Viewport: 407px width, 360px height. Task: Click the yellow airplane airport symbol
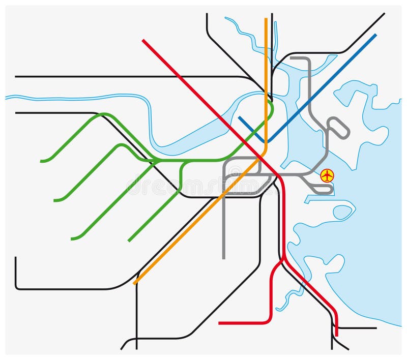pyautogui.click(x=327, y=176)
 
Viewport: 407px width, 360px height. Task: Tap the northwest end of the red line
pyautogui.click(x=143, y=40)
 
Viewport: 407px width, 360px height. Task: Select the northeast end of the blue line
pyautogui.click(x=375, y=35)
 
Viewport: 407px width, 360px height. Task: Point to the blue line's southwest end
pyautogui.click(x=239, y=117)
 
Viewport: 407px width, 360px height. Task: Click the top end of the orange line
pyautogui.click(x=266, y=19)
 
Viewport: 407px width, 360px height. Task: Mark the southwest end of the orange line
pyautogui.click(x=134, y=283)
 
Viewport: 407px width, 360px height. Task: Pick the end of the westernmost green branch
pyautogui.click(x=41, y=161)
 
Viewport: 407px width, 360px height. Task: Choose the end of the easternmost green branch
pyautogui.click(x=129, y=241)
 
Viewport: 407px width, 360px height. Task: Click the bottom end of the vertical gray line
pyautogui.click(x=223, y=258)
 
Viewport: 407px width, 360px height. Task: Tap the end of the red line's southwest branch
pyautogui.click(x=219, y=323)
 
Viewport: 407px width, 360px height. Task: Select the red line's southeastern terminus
pyautogui.click(x=336, y=335)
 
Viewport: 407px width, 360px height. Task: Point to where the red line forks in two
pyautogui.click(x=284, y=259)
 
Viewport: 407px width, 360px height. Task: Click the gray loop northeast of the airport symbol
pyautogui.click(x=338, y=128)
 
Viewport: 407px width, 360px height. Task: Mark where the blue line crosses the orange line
pyautogui.click(x=266, y=141)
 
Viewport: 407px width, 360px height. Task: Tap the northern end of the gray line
pyautogui.click(x=291, y=58)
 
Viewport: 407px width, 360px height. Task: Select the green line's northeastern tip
pyautogui.click(x=270, y=101)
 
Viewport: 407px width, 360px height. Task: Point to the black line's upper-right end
pyautogui.click(x=384, y=13)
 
